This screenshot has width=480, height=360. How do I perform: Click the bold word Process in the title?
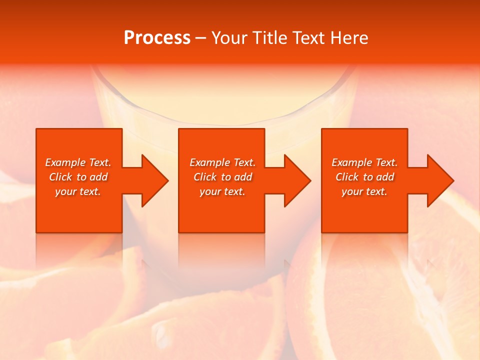point(157,38)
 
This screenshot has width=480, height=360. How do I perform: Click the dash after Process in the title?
point(200,38)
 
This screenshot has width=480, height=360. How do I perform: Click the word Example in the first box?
point(65,162)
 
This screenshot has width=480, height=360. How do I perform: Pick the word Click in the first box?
point(60,177)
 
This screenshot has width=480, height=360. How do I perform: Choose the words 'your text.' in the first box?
point(78,191)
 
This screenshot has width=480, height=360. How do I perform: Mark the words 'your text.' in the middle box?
point(222,191)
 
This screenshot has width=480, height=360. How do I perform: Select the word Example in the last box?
point(352,162)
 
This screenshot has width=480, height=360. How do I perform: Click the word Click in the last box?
point(347,177)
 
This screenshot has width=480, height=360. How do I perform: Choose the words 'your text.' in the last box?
point(364,191)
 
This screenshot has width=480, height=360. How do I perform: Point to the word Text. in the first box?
point(100,162)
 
